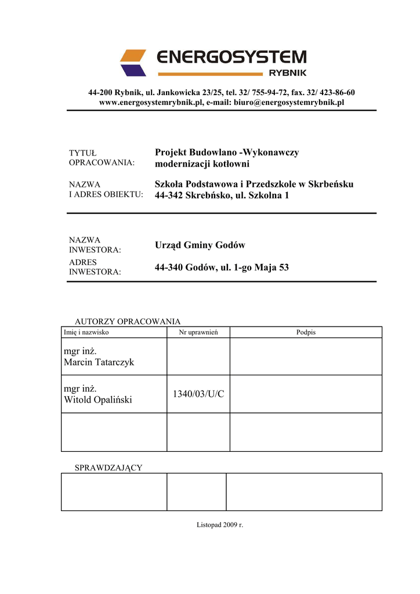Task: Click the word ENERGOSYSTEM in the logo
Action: pos(231,57)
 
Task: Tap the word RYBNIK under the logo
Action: pos(287,73)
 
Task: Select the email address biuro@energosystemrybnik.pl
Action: pos(289,102)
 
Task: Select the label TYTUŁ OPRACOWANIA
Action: pos(102,157)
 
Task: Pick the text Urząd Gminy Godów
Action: pos(200,245)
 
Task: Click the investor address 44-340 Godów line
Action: pos(222,267)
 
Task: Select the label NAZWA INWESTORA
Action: pos(95,245)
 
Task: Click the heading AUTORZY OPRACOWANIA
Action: pos(128,321)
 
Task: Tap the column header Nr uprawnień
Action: pos(198,332)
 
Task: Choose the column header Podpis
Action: pos(306,332)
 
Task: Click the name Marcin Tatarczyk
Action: pos(99,362)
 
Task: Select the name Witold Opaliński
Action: pos(98,400)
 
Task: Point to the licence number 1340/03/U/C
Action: pos(198,394)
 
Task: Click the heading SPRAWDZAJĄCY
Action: pos(108,468)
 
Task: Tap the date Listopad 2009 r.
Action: pos(220,525)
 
